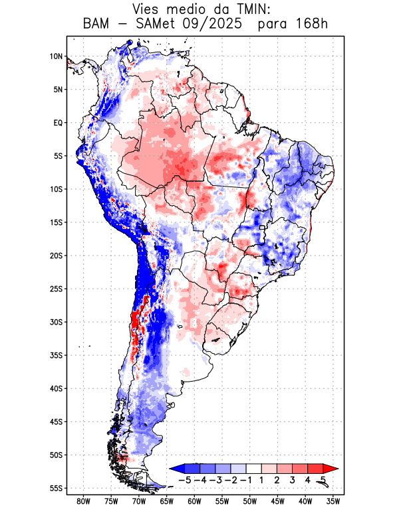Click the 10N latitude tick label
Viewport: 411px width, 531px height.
click(x=56, y=56)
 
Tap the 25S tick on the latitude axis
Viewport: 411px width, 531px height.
click(x=56, y=289)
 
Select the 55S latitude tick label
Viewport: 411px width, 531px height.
click(x=56, y=488)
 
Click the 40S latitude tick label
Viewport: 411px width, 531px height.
click(x=56, y=388)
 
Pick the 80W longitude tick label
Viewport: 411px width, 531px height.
click(x=84, y=501)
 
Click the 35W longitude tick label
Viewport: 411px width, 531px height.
click(x=333, y=501)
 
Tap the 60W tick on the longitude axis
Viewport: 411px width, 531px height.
click(x=195, y=501)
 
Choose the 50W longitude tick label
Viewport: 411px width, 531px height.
click(x=250, y=501)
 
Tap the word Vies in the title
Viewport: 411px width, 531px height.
click(x=148, y=9)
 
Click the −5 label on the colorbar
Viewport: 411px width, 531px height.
click(x=184, y=480)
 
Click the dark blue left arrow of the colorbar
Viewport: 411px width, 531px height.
click(x=176, y=469)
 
